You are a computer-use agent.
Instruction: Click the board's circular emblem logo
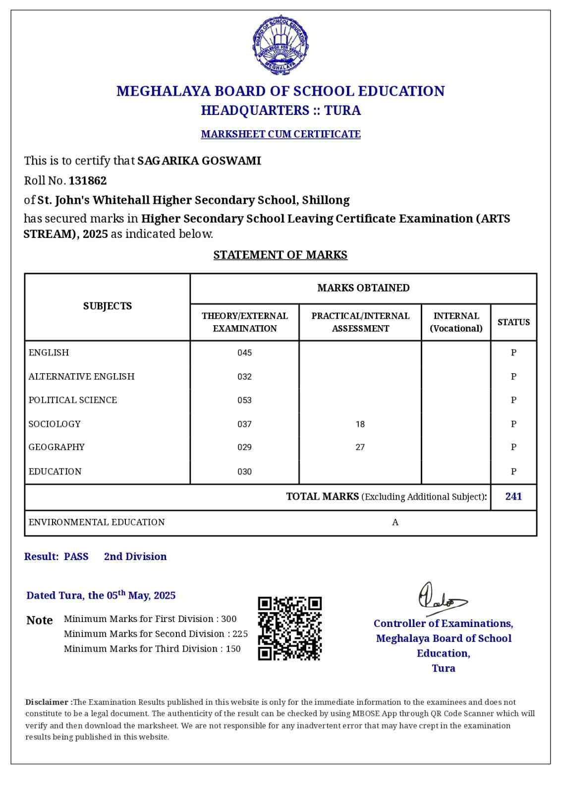[280, 45]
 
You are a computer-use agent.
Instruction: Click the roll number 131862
[88, 180]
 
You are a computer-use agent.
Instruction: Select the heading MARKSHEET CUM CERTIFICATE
[280, 134]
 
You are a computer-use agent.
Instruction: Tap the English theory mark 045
[244, 353]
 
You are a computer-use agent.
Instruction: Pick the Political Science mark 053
[244, 400]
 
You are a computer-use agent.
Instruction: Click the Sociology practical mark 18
[360, 424]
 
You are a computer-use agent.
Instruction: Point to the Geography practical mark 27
[360, 447]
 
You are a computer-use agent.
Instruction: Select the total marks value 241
[513, 497]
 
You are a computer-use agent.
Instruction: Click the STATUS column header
[513, 322]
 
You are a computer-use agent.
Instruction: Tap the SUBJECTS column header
[108, 306]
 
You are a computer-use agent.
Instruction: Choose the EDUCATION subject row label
[55, 471]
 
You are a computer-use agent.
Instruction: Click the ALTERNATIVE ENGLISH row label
[81, 377]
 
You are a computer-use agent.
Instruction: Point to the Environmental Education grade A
[395, 522]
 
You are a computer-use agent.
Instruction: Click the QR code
[290, 628]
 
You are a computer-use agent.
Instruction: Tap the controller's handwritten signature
[441, 597]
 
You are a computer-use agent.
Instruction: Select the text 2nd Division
[135, 557]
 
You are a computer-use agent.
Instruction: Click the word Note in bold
[40, 621]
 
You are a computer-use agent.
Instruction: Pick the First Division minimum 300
[229, 619]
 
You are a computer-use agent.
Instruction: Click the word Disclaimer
[48, 702]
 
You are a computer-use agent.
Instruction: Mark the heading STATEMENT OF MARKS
[280, 255]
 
